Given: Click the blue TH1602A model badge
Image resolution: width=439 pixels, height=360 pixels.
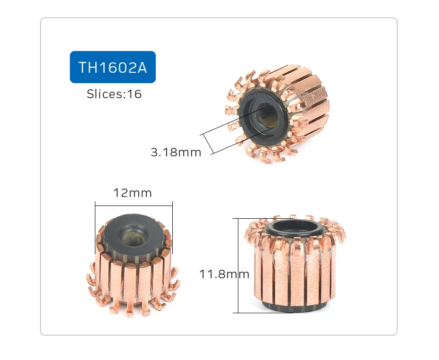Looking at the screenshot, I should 112,67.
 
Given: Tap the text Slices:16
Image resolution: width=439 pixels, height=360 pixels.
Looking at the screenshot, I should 114,94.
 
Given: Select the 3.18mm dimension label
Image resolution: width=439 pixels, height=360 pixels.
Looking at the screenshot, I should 176,153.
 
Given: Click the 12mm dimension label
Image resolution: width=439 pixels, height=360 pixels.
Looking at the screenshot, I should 133,193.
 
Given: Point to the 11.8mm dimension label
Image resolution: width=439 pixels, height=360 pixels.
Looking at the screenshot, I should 224,274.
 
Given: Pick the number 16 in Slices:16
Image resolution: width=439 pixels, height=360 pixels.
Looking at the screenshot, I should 134,94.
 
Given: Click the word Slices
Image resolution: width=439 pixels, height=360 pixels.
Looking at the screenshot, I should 103,94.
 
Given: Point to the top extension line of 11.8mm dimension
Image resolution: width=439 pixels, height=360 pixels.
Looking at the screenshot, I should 250,218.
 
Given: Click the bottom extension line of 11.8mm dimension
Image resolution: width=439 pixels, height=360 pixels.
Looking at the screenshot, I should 255,313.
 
